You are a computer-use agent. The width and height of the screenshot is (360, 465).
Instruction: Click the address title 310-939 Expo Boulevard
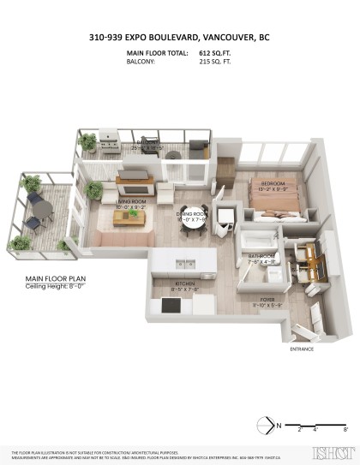point(179,38)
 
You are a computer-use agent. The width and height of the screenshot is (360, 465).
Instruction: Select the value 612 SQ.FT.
point(215,53)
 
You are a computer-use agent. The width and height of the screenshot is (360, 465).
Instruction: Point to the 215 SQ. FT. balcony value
point(215,62)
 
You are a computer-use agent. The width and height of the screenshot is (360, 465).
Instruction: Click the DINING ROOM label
point(192,216)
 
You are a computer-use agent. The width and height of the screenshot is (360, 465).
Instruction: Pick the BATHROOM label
point(261,257)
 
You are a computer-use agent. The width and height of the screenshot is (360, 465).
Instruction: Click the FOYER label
point(267,300)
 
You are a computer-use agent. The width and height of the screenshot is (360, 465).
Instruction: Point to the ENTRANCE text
point(302,349)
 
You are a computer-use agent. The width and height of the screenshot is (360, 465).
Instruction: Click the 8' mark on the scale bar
point(345,432)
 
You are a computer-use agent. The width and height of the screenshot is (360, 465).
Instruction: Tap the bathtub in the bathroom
point(258,239)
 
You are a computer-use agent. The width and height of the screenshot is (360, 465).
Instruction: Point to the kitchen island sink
point(185,263)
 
